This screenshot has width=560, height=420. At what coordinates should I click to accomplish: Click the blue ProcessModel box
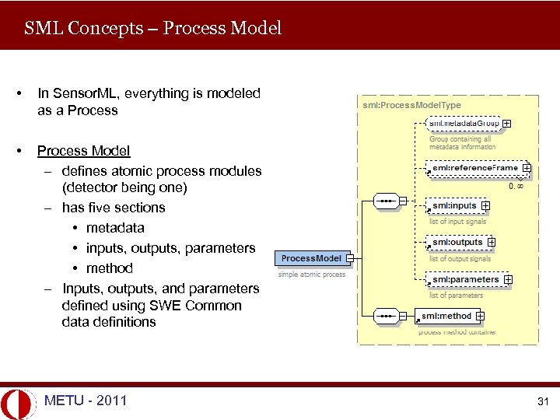311,258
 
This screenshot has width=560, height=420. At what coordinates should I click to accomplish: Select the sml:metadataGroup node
464,123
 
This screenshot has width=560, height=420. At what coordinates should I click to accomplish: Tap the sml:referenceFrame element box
474,167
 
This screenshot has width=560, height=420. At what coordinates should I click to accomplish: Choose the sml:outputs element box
457,242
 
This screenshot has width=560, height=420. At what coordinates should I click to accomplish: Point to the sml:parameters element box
464,279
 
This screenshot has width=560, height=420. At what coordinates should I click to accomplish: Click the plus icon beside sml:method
481,316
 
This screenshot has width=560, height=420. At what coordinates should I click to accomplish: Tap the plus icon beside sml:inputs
485,205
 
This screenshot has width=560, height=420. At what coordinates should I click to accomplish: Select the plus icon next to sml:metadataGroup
506,123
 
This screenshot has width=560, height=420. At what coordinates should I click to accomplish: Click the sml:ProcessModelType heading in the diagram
411,104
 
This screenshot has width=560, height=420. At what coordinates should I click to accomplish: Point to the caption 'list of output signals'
460,258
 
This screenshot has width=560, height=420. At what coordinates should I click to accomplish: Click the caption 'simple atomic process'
312,274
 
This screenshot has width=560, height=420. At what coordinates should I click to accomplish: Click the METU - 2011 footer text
86,401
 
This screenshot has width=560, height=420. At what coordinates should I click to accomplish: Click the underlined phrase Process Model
83,151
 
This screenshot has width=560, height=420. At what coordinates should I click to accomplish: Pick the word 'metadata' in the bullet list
115,228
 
